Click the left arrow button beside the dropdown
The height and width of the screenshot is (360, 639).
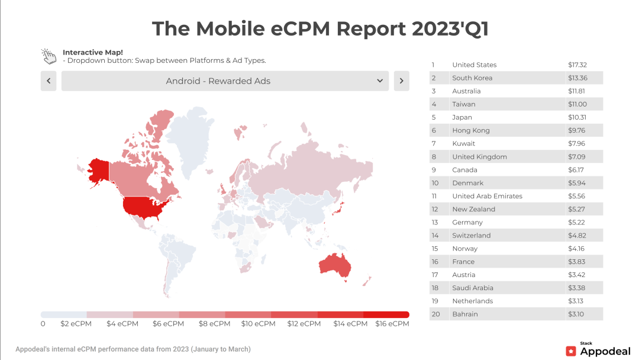click(x=49, y=81)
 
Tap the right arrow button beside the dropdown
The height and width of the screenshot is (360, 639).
click(x=401, y=81)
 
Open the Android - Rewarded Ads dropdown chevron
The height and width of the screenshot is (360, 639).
click(x=380, y=81)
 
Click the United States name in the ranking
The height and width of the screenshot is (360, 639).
click(x=474, y=65)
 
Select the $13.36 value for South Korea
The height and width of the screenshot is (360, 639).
click(x=577, y=78)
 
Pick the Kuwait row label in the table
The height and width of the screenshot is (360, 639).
click(x=463, y=144)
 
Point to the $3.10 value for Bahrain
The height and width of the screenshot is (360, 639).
click(x=576, y=314)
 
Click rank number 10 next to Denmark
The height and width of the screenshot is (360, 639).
click(x=435, y=184)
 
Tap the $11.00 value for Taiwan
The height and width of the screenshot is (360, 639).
click(x=577, y=104)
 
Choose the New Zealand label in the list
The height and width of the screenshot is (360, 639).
click(x=473, y=210)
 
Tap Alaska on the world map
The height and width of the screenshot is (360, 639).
click(x=98, y=171)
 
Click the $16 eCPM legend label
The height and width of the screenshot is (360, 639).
click(x=392, y=324)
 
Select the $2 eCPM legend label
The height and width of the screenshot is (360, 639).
click(x=76, y=324)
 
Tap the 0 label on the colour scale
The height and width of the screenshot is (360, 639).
click(x=43, y=324)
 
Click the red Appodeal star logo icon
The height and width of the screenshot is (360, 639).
click(x=571, y=351)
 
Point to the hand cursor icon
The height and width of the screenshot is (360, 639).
click(x=49, y=56)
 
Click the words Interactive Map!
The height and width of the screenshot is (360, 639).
click(x=93, y=52)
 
